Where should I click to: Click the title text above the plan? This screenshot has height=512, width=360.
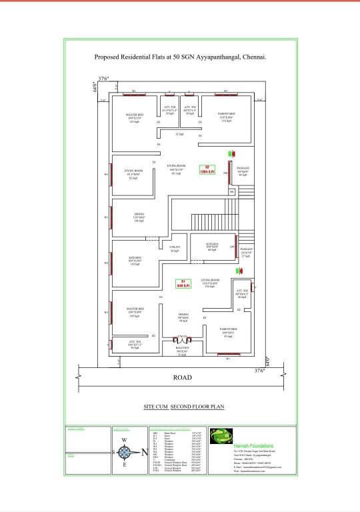(x=180, y=57)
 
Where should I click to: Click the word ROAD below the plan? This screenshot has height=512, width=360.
(x=183, y=377)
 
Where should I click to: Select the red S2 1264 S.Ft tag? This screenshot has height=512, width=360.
(x=207, y=169)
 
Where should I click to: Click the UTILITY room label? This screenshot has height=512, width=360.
(x=175, y=249)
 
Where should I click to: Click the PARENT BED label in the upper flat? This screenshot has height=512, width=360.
(x=227, y=114)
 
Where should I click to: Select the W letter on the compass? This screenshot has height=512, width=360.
(x=123, y=440)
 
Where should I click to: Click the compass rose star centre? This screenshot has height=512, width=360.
(x=123, y=452)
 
